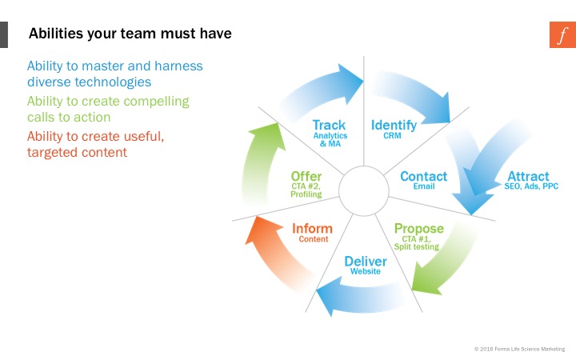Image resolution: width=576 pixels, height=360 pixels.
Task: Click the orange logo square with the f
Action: tap(562, 35)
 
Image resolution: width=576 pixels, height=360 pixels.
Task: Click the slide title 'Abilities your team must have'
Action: tap(130, 34)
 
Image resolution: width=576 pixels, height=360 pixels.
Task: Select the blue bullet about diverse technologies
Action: tap(114, 74)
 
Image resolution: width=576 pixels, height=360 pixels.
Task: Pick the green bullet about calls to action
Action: tap(108, 109)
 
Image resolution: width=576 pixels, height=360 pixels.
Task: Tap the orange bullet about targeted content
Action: tap(95, 144)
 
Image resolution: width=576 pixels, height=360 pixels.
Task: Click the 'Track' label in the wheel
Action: tap(329, 125)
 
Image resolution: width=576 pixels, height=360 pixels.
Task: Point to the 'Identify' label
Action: tap(394, 125)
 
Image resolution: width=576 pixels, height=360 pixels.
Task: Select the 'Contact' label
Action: tap(423, 176)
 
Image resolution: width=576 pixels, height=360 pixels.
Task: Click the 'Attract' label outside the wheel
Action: tap(528, 176)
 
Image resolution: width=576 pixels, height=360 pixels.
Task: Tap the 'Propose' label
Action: tap(418, 229)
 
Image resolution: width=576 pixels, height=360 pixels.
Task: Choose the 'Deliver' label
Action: tap(366, 262)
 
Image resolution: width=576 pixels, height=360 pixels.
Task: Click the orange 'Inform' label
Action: tap(312, 229)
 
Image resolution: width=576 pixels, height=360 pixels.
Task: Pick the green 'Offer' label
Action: tap(306, 176)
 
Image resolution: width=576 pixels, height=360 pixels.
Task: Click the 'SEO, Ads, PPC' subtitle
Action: tap(531, 186)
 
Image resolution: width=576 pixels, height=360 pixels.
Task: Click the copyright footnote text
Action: tap(519, 349)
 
